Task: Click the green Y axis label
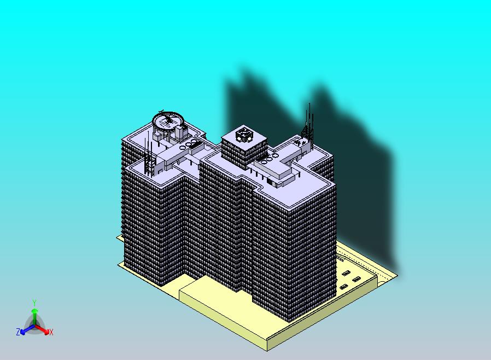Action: coord(34,303)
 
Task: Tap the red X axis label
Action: coord(51,332)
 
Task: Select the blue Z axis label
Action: coord(18,332)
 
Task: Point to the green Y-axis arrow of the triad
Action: coord(34,317)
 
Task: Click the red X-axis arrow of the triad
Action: coord(42,329)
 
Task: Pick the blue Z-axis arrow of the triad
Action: coord(27,329)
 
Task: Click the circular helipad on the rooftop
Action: coord(168,120)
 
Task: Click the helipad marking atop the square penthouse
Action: coord(244,135)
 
